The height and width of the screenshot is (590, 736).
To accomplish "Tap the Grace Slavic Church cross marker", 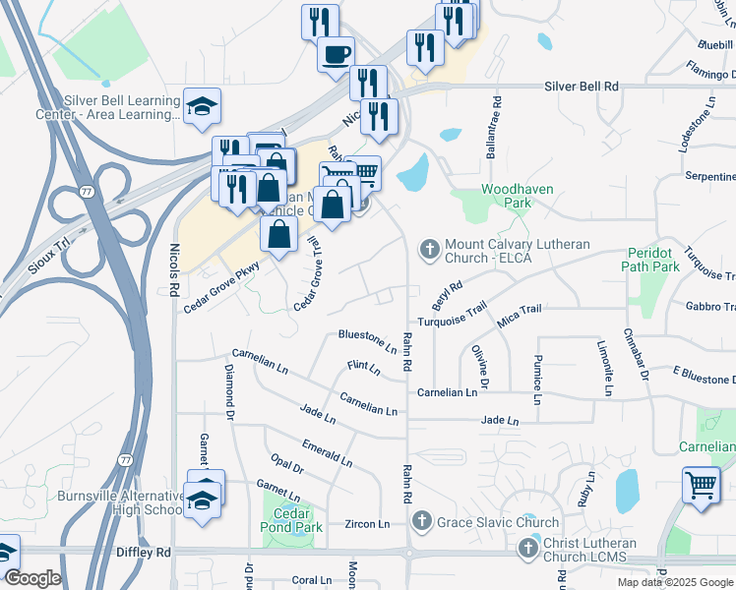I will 421,521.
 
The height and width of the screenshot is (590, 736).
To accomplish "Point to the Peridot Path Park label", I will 652,259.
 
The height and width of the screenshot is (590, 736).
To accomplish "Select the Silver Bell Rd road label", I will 582,87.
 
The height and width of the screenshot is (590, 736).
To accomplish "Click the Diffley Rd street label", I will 143,553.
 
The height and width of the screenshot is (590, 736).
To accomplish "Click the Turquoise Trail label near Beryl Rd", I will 452,316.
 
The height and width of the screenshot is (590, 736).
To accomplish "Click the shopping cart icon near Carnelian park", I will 700,485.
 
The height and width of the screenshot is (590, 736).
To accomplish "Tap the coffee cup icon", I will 336,52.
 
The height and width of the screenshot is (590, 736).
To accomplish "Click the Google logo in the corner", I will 32,578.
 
